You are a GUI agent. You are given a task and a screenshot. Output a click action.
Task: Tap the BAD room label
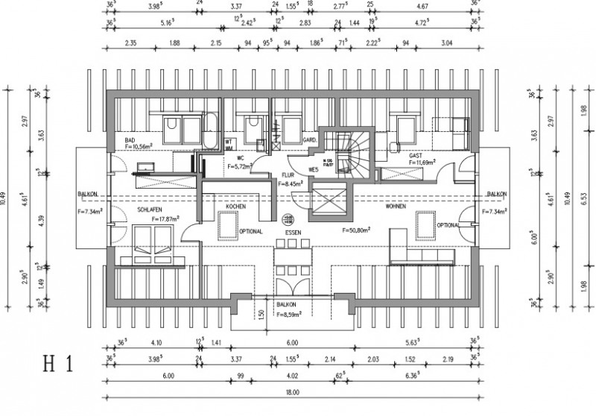[130, 140]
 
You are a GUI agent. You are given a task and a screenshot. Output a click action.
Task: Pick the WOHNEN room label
[396, 206]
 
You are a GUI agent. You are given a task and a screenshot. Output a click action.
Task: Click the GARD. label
[309, 139]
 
